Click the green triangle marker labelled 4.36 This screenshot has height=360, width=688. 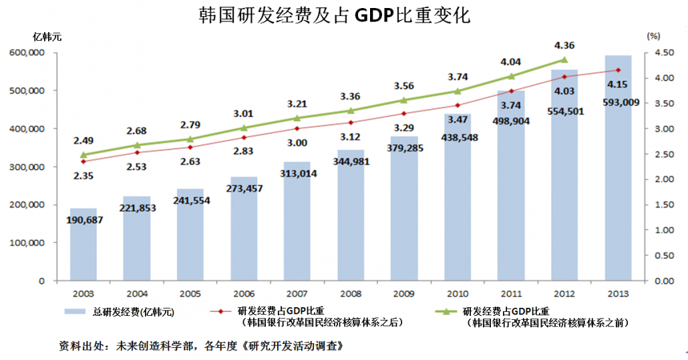[564, 59]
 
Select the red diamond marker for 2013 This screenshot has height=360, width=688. [618, 70]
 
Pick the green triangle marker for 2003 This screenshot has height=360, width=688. [83, 155]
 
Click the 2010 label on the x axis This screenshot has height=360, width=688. [458, 293]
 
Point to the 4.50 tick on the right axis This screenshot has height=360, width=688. [657, 53]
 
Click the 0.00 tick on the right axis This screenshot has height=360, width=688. [657, 281]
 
